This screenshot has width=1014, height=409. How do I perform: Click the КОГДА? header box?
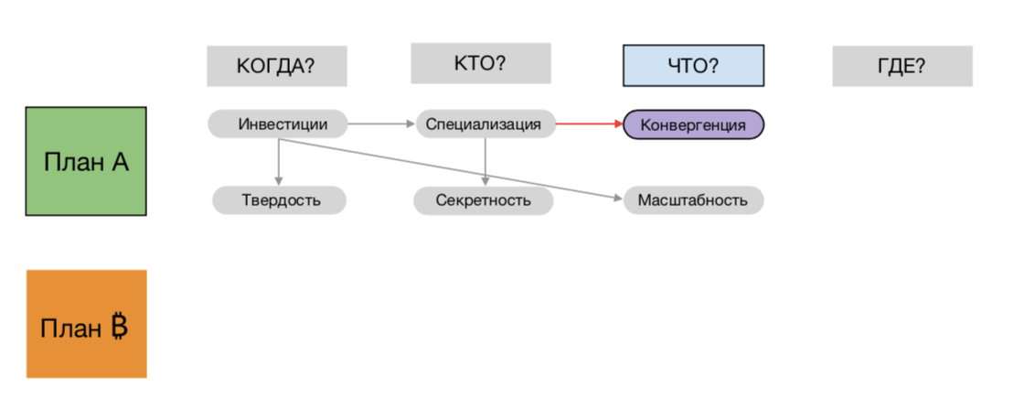276,66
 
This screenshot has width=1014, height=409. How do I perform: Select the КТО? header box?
480,63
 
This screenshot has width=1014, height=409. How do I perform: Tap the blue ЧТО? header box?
693,66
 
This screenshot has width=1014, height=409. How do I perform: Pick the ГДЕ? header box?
902,66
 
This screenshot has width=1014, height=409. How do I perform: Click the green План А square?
86,161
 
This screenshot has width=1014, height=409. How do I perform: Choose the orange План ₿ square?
86,324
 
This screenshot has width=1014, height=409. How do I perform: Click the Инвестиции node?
278,124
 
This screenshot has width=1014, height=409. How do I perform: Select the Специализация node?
486,124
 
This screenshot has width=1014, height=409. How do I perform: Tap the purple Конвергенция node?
693,124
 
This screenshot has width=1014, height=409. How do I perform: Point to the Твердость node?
280,199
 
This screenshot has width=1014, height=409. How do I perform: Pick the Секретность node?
483,199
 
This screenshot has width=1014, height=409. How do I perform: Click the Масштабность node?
693,199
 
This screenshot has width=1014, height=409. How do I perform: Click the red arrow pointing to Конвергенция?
590,124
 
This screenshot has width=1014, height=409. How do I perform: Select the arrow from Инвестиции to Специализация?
382,124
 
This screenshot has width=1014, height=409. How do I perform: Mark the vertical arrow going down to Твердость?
278,162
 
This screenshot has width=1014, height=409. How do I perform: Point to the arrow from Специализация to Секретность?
485,162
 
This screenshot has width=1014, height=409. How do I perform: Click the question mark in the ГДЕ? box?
919,66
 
